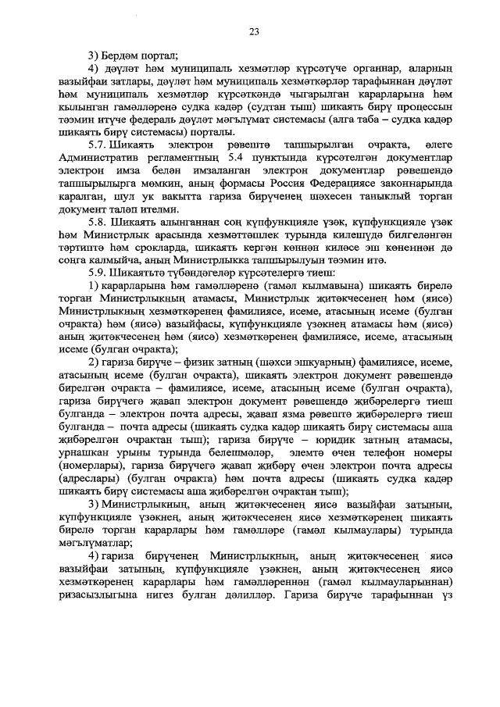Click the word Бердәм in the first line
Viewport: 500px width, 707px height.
point(123,54)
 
